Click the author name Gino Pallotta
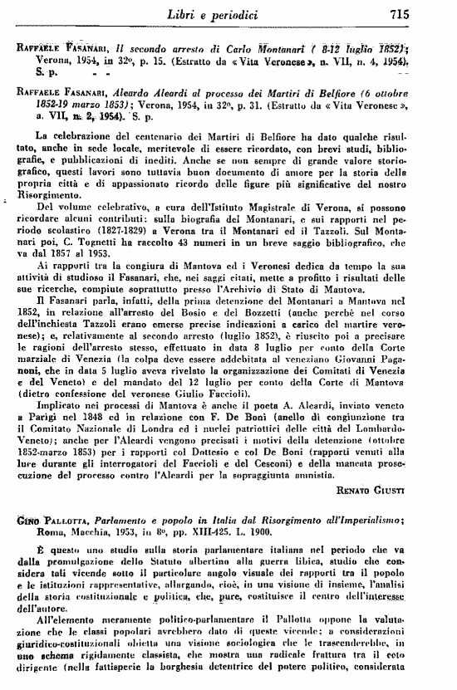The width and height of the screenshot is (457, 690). pos(52,519)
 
